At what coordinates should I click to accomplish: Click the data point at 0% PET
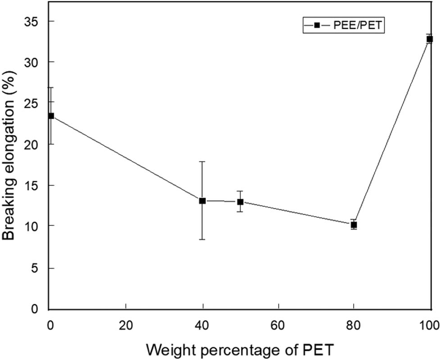(x=51, y=116)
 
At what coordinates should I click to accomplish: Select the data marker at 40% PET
(x=202, y=201)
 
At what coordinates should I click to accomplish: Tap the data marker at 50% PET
(x=240, y=202)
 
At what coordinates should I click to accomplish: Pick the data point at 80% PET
(x=354, y=225)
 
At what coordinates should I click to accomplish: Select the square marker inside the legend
(x=317, y=26)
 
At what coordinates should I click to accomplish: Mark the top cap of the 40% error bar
(x=202, y=161)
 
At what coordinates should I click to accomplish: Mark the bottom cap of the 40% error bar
(x=202, y=239)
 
